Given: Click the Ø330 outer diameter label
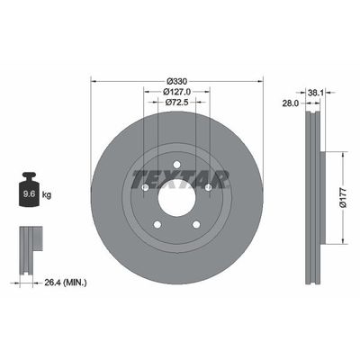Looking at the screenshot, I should point(176,79).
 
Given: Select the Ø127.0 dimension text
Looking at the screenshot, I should point(176,91).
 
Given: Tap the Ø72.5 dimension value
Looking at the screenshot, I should point(176,103).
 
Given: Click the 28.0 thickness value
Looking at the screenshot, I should point(290,103).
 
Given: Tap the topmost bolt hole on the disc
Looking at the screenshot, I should point(176,163).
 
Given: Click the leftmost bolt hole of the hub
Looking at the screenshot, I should point(146,186).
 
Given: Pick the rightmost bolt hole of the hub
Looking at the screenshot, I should point(208,186).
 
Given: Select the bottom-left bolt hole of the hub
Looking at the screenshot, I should point(157,223).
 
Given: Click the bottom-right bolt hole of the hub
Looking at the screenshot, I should point(195,223).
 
